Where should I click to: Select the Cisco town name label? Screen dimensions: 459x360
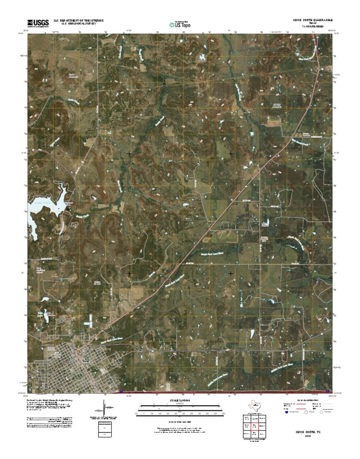click(85, 361)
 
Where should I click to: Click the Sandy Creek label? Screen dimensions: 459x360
click(82, 216)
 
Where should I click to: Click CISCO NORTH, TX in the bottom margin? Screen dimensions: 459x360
click(307, 430)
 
